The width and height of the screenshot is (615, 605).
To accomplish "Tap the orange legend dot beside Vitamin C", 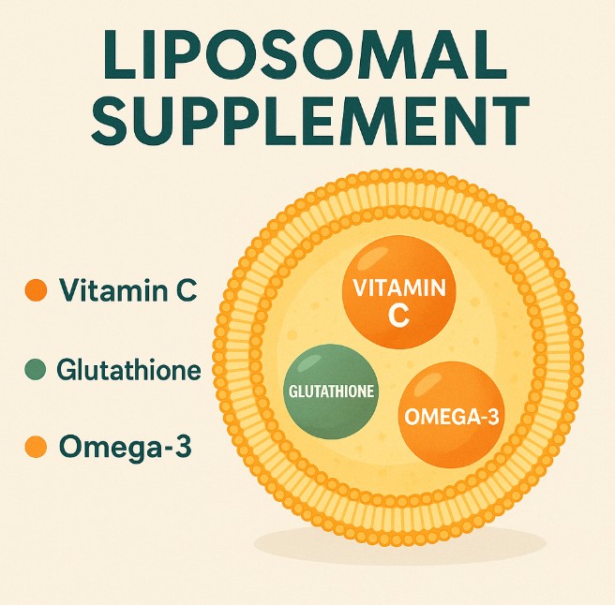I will (x=36, y=291).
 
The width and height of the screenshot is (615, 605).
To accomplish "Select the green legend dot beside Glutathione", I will (x=36, y=370).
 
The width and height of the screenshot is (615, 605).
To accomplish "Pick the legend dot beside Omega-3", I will (x=36, y=447).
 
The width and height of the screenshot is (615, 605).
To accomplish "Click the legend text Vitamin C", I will (x=127, y=290).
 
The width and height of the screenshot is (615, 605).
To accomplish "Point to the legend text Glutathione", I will (x=128, y=369).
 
